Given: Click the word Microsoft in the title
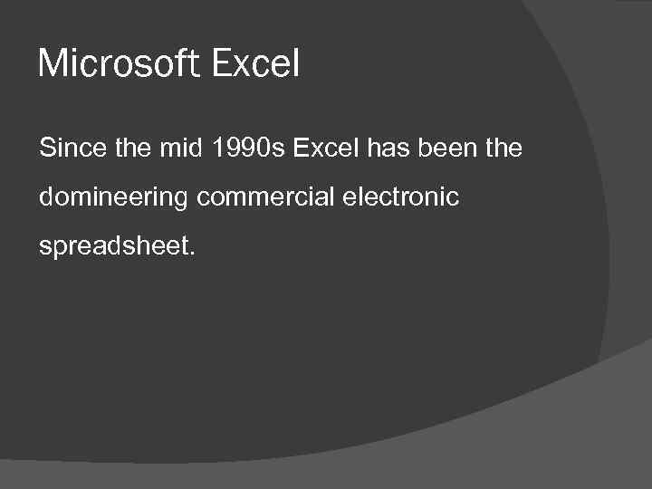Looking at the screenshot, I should tap(120, 63).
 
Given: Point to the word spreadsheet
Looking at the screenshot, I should tap(111, 247).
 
